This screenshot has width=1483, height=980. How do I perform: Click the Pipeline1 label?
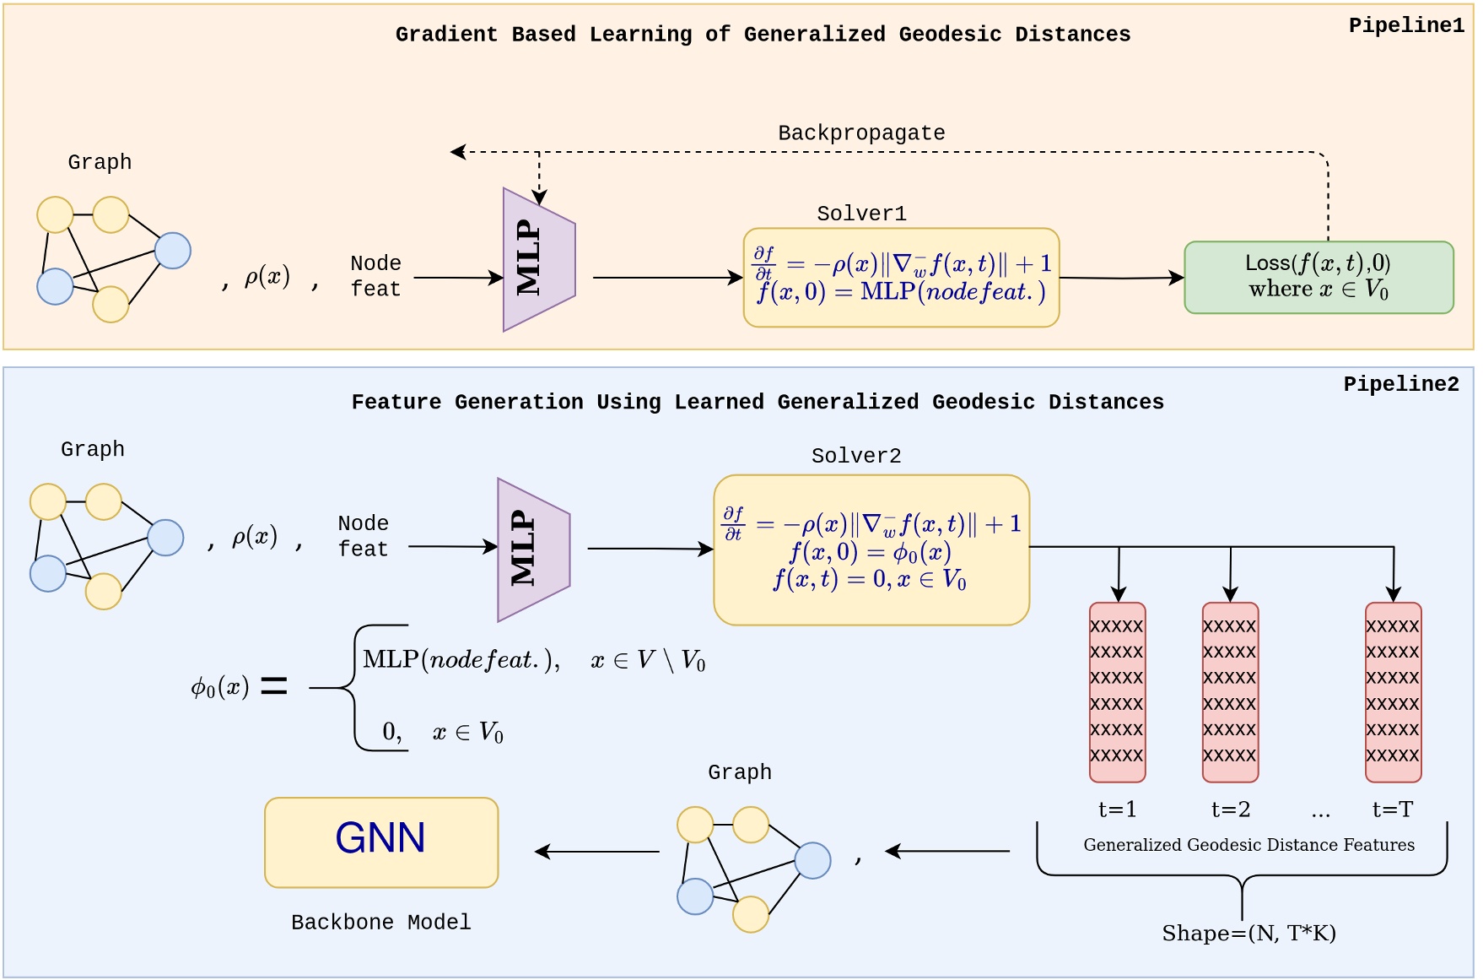[x=1405, y=25]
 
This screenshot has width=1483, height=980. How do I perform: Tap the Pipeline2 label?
[x=1400, y=384]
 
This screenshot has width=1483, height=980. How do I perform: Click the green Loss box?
[x=1318, y=277]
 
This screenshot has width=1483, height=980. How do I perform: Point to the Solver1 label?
[x=860, y=214]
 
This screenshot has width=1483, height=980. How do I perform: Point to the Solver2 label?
[x=855, y=456]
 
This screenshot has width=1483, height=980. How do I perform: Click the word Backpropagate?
[x=860, y=133]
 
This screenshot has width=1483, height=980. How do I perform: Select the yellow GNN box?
[x=381, y=842]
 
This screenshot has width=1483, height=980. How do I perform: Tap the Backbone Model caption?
[x=380, y=922]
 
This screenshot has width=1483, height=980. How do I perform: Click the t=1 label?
[x=1117, y=809]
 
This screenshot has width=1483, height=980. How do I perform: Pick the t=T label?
[x=1392, y=809]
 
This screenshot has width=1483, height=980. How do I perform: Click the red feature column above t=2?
[x=1230, y=691]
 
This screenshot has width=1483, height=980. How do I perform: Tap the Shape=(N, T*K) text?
[x=1248, y=933]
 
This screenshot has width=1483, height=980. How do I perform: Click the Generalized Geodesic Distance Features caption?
[x=1248, y=845]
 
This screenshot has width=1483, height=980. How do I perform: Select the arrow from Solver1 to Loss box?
[x=1122, y=277]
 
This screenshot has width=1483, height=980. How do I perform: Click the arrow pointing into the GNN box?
[x=597, y=852]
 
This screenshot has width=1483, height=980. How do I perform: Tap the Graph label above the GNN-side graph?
[x=739, y=772]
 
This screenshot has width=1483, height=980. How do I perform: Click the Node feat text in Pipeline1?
[x=375, y=276]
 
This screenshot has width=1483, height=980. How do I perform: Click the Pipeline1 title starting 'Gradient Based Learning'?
[x=763, y=35]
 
